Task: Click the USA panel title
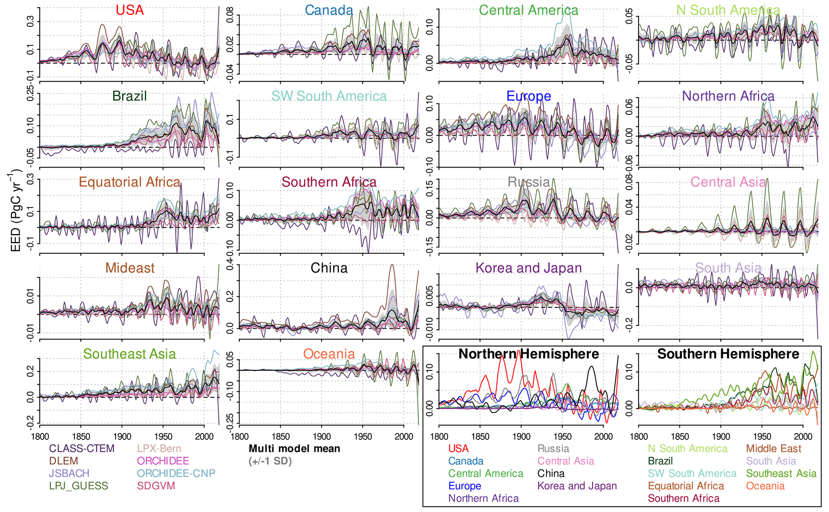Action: (130, 10)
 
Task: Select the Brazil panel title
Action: (130, 96)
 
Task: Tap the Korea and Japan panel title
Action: (529, 268)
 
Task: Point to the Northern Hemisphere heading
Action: (529, 354)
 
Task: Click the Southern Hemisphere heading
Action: (728, 354)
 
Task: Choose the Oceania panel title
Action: (329, 354)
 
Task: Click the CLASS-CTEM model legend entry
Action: (81, 448)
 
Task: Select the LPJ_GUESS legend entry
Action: (79, 486)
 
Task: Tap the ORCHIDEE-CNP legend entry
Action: (176, 474)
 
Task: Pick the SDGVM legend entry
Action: (156, 486)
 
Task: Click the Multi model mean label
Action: (294, 448)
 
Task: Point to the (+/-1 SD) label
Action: (270, 461)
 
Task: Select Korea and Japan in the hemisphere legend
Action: (577, 486)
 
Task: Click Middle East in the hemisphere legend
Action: (774, 448)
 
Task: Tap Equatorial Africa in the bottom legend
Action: (686, 486)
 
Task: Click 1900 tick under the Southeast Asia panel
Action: (122, 437)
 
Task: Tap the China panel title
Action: (329, 268)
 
